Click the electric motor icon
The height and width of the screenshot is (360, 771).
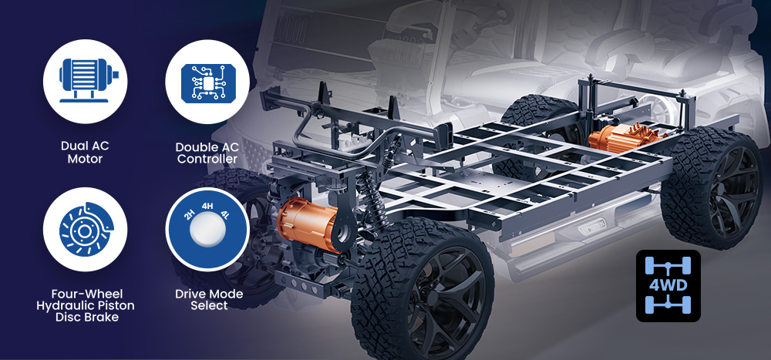point(88,81)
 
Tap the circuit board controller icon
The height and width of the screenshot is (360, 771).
point(207,82)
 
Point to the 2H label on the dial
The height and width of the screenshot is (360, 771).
point(190,215)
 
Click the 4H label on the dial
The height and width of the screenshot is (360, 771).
point(207,206)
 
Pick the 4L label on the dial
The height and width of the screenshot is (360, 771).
point(224,215)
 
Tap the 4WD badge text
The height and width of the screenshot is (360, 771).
point(668,285)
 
